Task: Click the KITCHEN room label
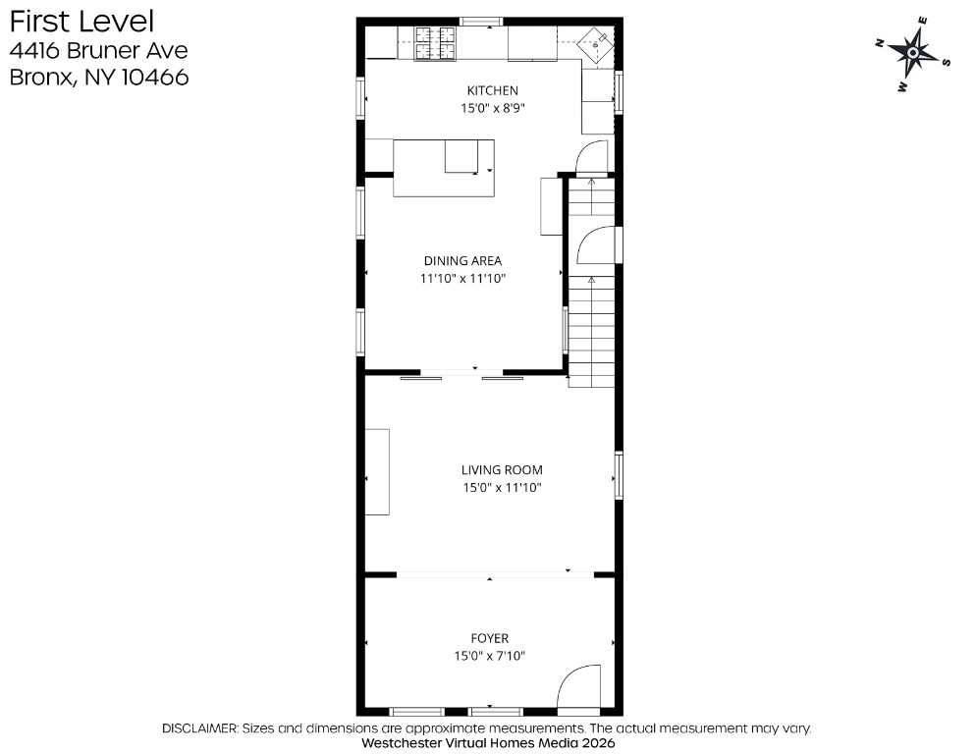[492, 91]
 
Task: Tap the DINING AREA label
[462, 261]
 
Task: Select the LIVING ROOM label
[502, 470]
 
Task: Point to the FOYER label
[490, 638]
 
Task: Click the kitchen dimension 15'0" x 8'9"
[492, 108]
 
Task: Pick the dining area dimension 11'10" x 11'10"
[462, 278]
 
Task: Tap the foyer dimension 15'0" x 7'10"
[490, 656]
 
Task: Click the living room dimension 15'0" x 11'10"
[502, 488]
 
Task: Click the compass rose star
[912, 53]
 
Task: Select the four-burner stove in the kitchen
[435, 43]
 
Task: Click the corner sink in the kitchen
[595, 44]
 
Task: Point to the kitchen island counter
[444, 168]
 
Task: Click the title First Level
[81, 22]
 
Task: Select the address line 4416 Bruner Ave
[98, 50]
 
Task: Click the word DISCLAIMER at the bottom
[199, 728]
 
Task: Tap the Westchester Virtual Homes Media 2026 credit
[488, 743]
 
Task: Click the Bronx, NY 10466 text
[99, 78]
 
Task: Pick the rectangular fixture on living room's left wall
[377, 472]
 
